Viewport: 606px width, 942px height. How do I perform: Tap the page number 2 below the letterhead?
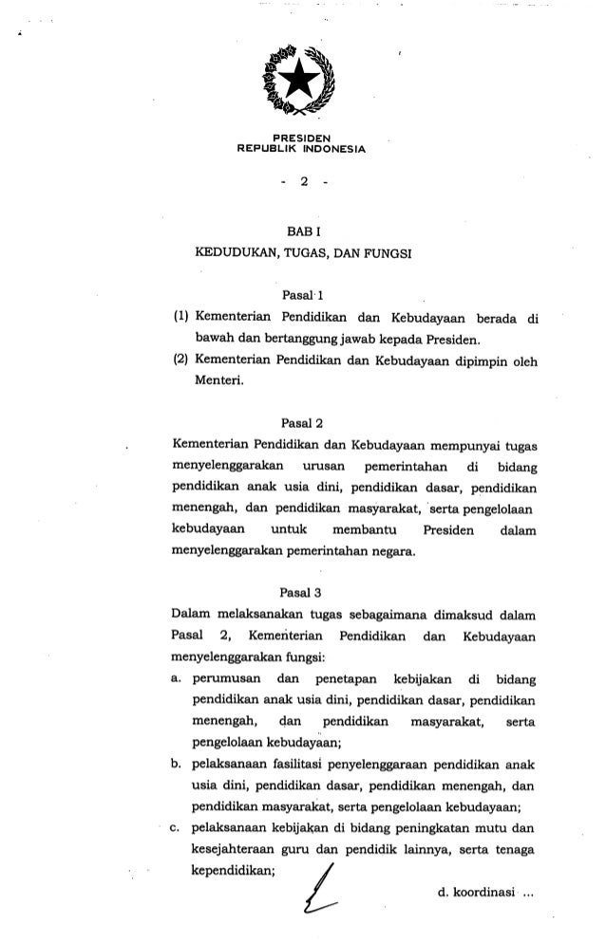pos(302,183)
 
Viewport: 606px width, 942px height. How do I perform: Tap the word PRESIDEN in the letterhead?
pos(302,139)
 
